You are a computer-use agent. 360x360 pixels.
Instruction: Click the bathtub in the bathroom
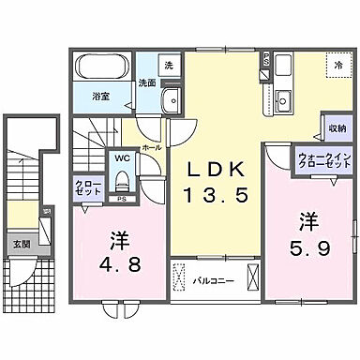pyautogui.click(x=103, y=68)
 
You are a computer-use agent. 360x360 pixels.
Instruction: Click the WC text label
pyautogui.click(x=122, y=158)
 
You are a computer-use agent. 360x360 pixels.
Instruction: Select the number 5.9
pyautogui.click(x=310, y=249)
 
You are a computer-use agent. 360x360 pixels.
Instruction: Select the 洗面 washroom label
pyautogui.click(x=146, y=82)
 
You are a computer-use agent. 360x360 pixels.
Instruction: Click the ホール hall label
pyautogui.click(x=150, y=148)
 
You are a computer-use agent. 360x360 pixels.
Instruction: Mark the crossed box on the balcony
pyautogui.click(x=251, y=278)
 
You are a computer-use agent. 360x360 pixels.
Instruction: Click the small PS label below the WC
pyautogui.click(x=122, y=199)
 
